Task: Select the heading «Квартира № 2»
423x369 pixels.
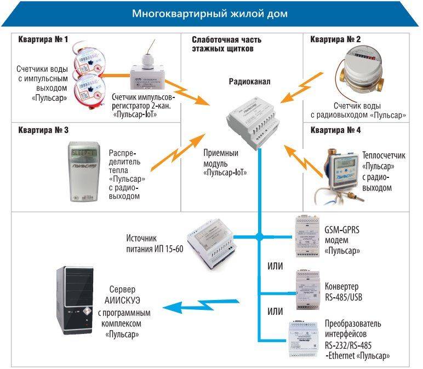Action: point(335,39)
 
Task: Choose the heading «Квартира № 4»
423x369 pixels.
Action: point(335,130)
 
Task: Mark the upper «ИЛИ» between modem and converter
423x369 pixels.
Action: point(275,266)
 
